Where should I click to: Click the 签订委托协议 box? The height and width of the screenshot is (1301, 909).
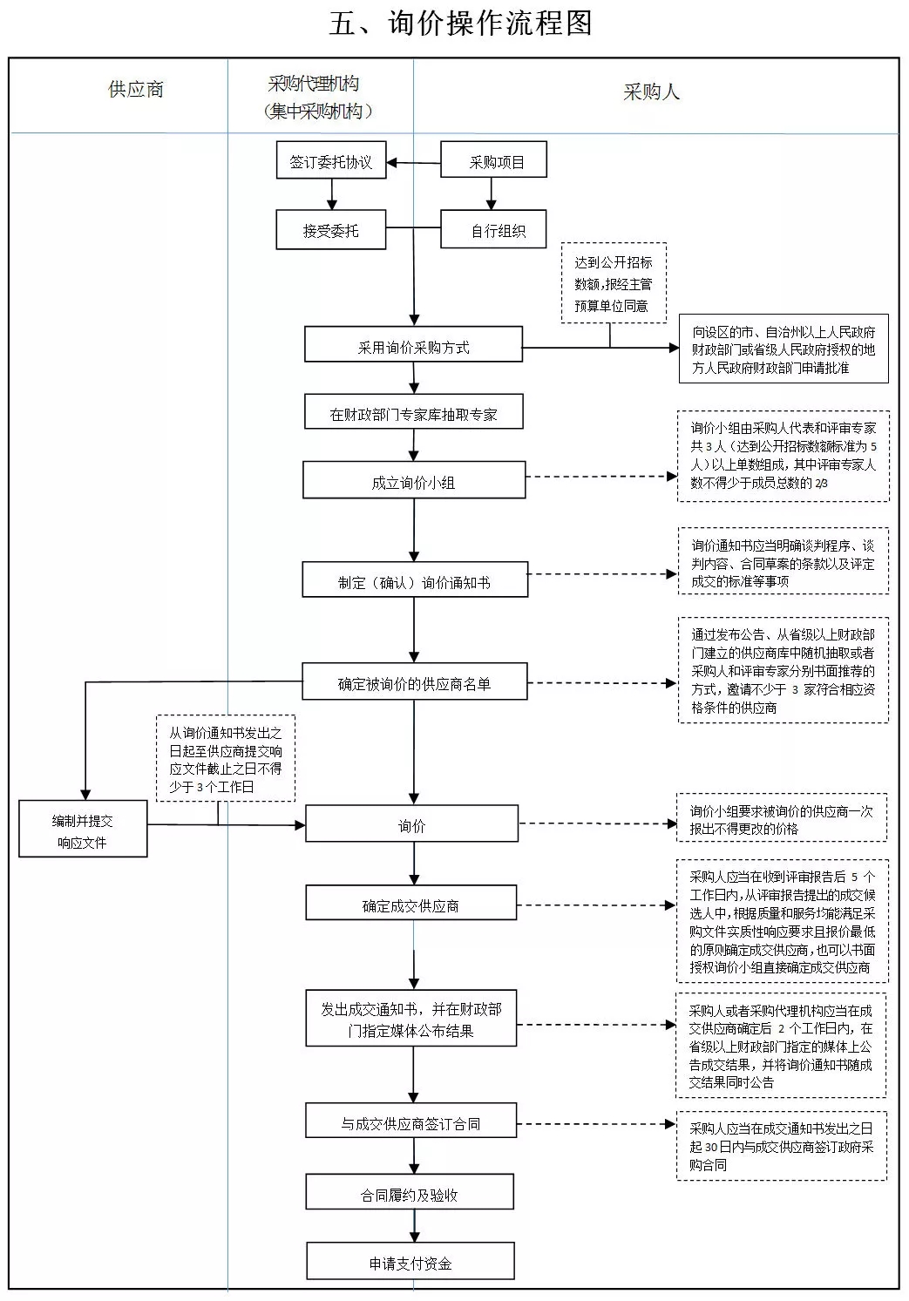tap(331, 160)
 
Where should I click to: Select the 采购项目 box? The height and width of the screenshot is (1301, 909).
tap(493, 159)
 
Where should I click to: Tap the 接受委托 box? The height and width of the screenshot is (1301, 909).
tap(331, 230)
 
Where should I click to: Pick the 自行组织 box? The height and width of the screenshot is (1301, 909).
tap(493, 229)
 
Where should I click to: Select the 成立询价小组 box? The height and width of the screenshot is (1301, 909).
tap(414, 480)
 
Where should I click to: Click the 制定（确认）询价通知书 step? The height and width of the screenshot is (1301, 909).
tap(416, 579)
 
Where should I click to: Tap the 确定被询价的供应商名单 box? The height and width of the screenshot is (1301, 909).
tap(415, 681)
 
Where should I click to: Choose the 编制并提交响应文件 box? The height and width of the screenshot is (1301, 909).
tap(83, 829)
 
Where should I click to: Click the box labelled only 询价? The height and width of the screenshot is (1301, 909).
tap(412, 823)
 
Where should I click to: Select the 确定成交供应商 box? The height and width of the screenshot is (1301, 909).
tap(411, 903)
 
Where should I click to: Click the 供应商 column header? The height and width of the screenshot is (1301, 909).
tap(136, 90)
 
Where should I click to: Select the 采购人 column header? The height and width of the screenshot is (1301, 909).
tap(651, 91)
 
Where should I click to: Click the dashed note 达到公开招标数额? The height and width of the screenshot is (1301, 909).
tap(614, 283)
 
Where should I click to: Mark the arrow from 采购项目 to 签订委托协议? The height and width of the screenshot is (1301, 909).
tap(414, 163)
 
